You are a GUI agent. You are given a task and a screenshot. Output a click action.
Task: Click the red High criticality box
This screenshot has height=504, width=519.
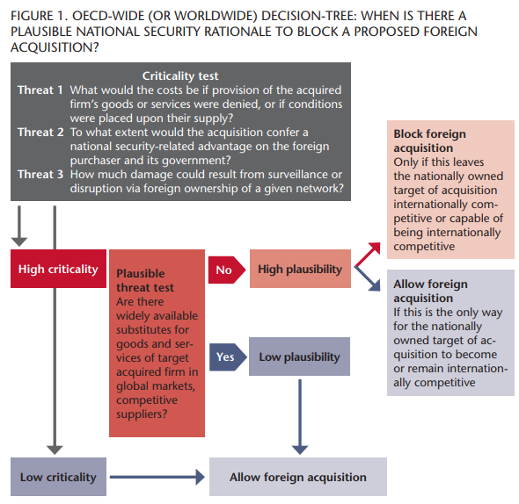58,269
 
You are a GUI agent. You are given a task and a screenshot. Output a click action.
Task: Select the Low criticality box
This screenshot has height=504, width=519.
58,477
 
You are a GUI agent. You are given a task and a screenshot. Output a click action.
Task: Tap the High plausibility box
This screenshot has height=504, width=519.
300,269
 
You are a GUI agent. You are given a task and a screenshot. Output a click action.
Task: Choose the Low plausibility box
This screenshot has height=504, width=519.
299,356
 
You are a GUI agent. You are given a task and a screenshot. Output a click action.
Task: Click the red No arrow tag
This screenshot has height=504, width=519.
227,270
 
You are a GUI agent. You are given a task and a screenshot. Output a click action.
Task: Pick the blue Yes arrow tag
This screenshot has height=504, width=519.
228,357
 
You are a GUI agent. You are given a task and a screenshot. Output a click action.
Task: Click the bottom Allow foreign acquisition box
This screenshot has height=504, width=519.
298,477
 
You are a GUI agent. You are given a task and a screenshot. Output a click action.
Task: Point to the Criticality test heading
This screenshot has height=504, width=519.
180,76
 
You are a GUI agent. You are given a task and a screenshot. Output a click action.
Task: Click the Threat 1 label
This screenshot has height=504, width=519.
40,90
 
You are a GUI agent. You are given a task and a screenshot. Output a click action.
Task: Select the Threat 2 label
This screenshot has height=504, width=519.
40,133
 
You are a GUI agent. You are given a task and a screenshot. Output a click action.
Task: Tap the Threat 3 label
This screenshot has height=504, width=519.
40,174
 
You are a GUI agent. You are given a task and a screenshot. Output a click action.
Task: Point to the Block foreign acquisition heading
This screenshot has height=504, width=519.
429,140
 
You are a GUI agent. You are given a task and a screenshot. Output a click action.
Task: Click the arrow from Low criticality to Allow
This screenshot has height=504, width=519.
157,477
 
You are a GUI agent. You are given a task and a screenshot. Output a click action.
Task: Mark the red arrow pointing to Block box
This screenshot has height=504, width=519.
368,255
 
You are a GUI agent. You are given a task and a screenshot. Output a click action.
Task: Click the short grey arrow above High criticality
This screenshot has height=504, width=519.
19,226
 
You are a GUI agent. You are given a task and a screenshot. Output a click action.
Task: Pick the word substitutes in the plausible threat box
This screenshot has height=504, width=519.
152,330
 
